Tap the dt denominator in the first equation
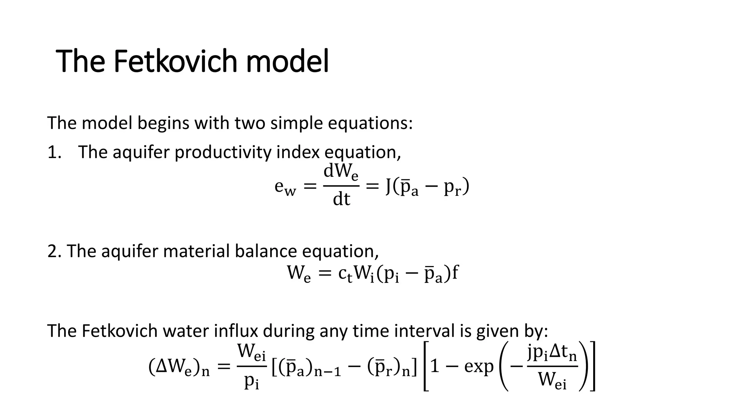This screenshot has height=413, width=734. [341, 199]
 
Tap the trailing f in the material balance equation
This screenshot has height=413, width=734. [455, 273]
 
